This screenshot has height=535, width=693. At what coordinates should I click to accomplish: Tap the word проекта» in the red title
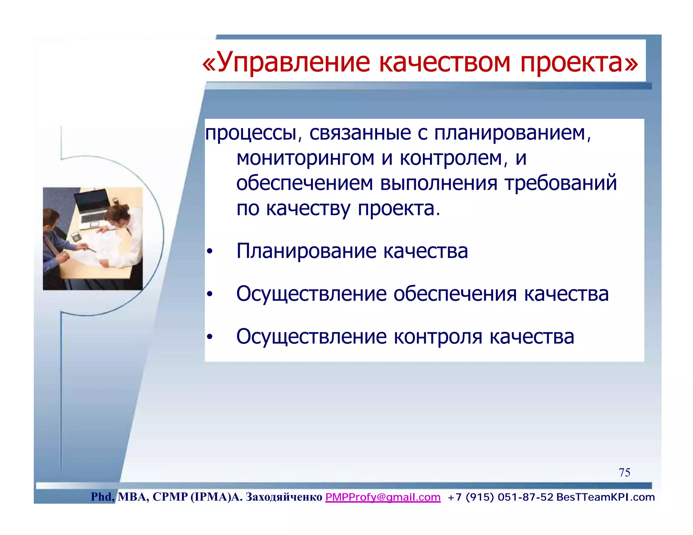pos(579,63)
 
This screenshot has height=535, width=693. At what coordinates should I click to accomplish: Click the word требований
pos(561,183)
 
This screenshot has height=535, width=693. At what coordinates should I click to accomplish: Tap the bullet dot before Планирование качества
pos(210,252)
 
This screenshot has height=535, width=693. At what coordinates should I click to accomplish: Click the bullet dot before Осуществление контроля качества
pos(210,337)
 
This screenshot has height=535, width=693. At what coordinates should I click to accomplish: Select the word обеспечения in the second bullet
pos(454,294)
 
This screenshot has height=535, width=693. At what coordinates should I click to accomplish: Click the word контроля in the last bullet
pos(438,337)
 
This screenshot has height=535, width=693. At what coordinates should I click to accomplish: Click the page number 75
pos(624,472)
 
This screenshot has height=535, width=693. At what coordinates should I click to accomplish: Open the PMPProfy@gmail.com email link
pos(383,497)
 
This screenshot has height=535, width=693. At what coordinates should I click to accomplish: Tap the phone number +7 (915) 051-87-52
pos(500,497)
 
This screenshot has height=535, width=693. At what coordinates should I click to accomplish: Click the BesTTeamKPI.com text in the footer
pos(605,497)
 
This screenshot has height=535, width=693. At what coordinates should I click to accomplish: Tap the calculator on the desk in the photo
pos(76,236)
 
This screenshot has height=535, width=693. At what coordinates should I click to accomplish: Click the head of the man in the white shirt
pos(118,213)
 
